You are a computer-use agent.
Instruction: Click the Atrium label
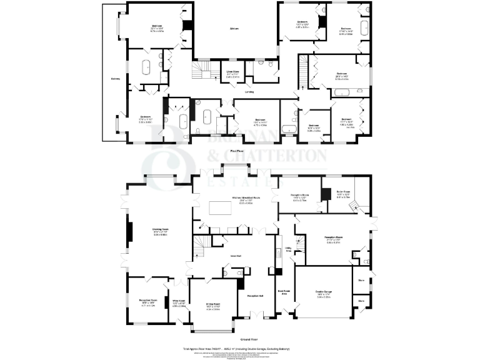click(x=235, y=29)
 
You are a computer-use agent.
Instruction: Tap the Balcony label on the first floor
click(x=116, y=78)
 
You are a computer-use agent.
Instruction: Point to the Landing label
click(x=249, y=92)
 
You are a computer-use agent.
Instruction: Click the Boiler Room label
click(x=345, y=194)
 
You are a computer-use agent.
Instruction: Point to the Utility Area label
click(x=288, y=250)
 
